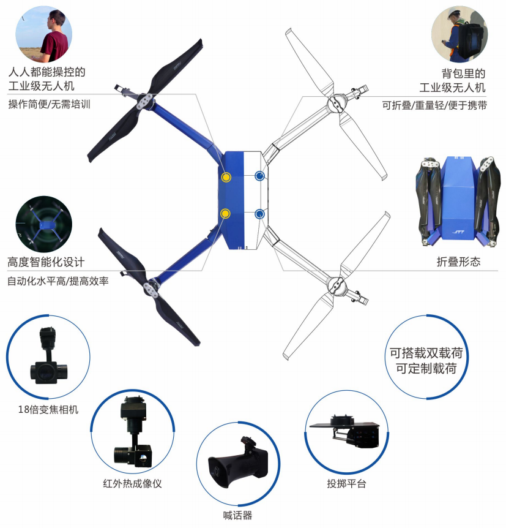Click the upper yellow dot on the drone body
click(226, 177)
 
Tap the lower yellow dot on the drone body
click(225, 214)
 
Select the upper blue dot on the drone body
click(259, 176)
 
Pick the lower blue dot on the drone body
click(259, 214)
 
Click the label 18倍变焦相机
click(48, 409)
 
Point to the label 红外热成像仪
click(133, 484)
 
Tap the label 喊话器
click(237, 516)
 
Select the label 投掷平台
click(346, 484)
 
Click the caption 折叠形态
click(458, 262)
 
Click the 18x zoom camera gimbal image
click(49, 355)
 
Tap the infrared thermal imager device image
click(133, 432)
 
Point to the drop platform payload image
click(346, 431)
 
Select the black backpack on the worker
click(470, 42)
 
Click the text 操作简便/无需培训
click(50, 104)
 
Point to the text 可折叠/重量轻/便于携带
click(434, 105)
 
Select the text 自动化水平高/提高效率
click(58, 281)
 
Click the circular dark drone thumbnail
click(43, 224)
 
